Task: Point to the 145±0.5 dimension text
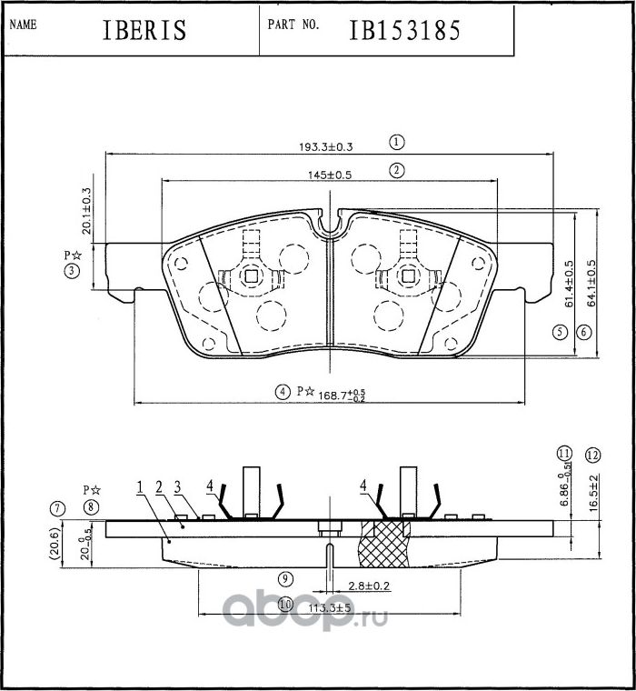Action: point(329,173)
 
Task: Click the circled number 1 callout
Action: point(396,142)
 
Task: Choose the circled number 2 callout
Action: point(396,170)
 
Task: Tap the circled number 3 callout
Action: point(72,271)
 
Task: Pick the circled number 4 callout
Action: point(283,392)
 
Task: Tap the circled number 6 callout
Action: point(584,333)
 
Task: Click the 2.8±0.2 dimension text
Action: point(368,586)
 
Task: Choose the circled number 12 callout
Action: point(592,455)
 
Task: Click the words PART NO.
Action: point(293,25)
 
